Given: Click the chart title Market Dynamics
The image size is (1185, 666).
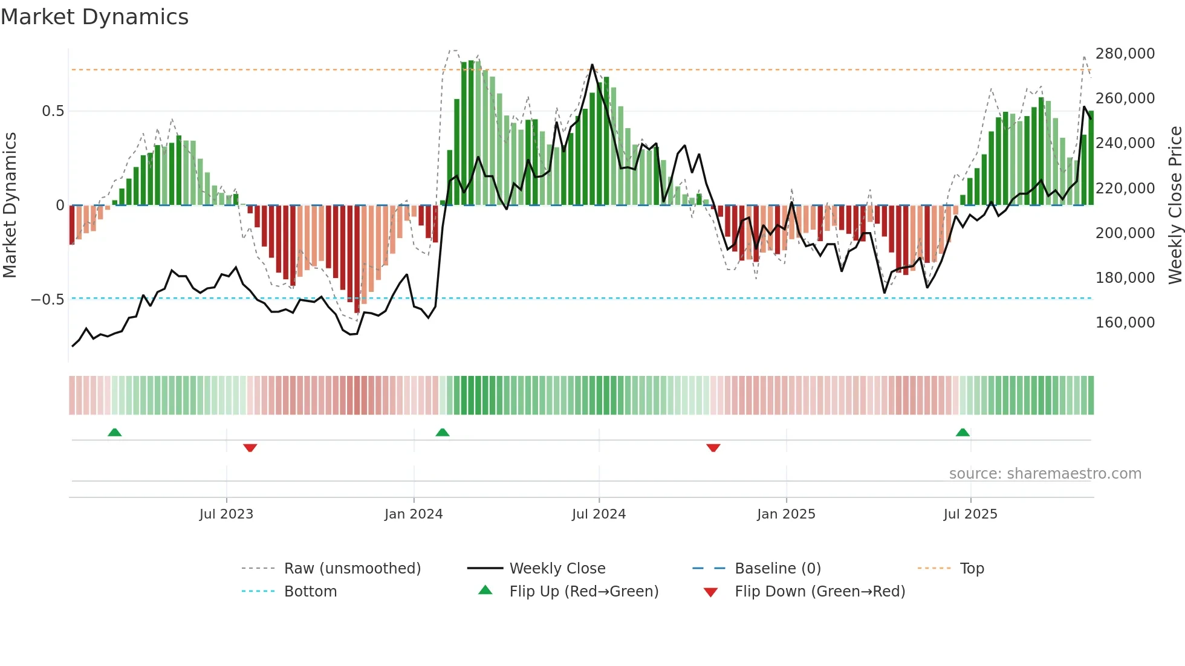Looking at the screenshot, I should [94, 17].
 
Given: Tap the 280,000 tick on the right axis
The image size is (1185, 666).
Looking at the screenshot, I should [1125, 54].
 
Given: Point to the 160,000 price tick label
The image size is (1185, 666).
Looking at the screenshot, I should [1125, 323].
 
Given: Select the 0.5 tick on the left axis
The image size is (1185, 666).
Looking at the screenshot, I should [53, 111].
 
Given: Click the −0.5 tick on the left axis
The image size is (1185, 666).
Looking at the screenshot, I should [48, 300].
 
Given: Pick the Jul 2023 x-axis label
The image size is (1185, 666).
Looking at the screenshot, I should [226, 514].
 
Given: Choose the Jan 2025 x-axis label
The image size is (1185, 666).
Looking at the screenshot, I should [786, 514].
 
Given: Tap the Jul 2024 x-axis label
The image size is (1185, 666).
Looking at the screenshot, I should [599, 514].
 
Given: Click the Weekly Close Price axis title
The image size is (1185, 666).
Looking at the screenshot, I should [1175, 205].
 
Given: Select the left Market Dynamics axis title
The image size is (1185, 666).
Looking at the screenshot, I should [10, 205].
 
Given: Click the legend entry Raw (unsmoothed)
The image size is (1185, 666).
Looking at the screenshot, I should [352, 569].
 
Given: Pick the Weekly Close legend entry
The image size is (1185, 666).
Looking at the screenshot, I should [557, 569].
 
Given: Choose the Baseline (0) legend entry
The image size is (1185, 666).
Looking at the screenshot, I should [778, 569].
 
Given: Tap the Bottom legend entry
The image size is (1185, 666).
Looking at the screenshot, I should [310, 592].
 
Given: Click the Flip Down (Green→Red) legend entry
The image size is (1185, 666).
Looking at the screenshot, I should [819, 592].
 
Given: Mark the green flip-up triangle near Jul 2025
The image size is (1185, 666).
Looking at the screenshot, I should [963, 432].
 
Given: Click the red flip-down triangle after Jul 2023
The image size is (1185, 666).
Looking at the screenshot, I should [250, 448].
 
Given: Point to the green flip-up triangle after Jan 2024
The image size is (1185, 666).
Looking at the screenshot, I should [443, 432].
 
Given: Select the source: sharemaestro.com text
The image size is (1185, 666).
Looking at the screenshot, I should [1045, 474].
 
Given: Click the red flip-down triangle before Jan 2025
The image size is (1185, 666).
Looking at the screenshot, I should [713, 448].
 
